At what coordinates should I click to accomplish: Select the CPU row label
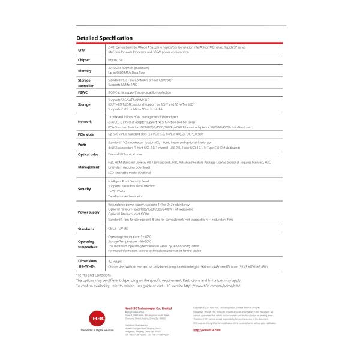81,50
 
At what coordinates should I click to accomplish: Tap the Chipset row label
84,60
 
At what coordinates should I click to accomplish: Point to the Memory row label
84,70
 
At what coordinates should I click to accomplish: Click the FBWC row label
82,93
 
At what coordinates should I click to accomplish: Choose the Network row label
85,121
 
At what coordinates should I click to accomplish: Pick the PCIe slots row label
87,134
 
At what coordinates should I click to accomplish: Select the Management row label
88,167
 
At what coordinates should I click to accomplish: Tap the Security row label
85,188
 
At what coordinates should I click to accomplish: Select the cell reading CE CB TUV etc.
118,229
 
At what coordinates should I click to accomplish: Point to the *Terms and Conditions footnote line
94,274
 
